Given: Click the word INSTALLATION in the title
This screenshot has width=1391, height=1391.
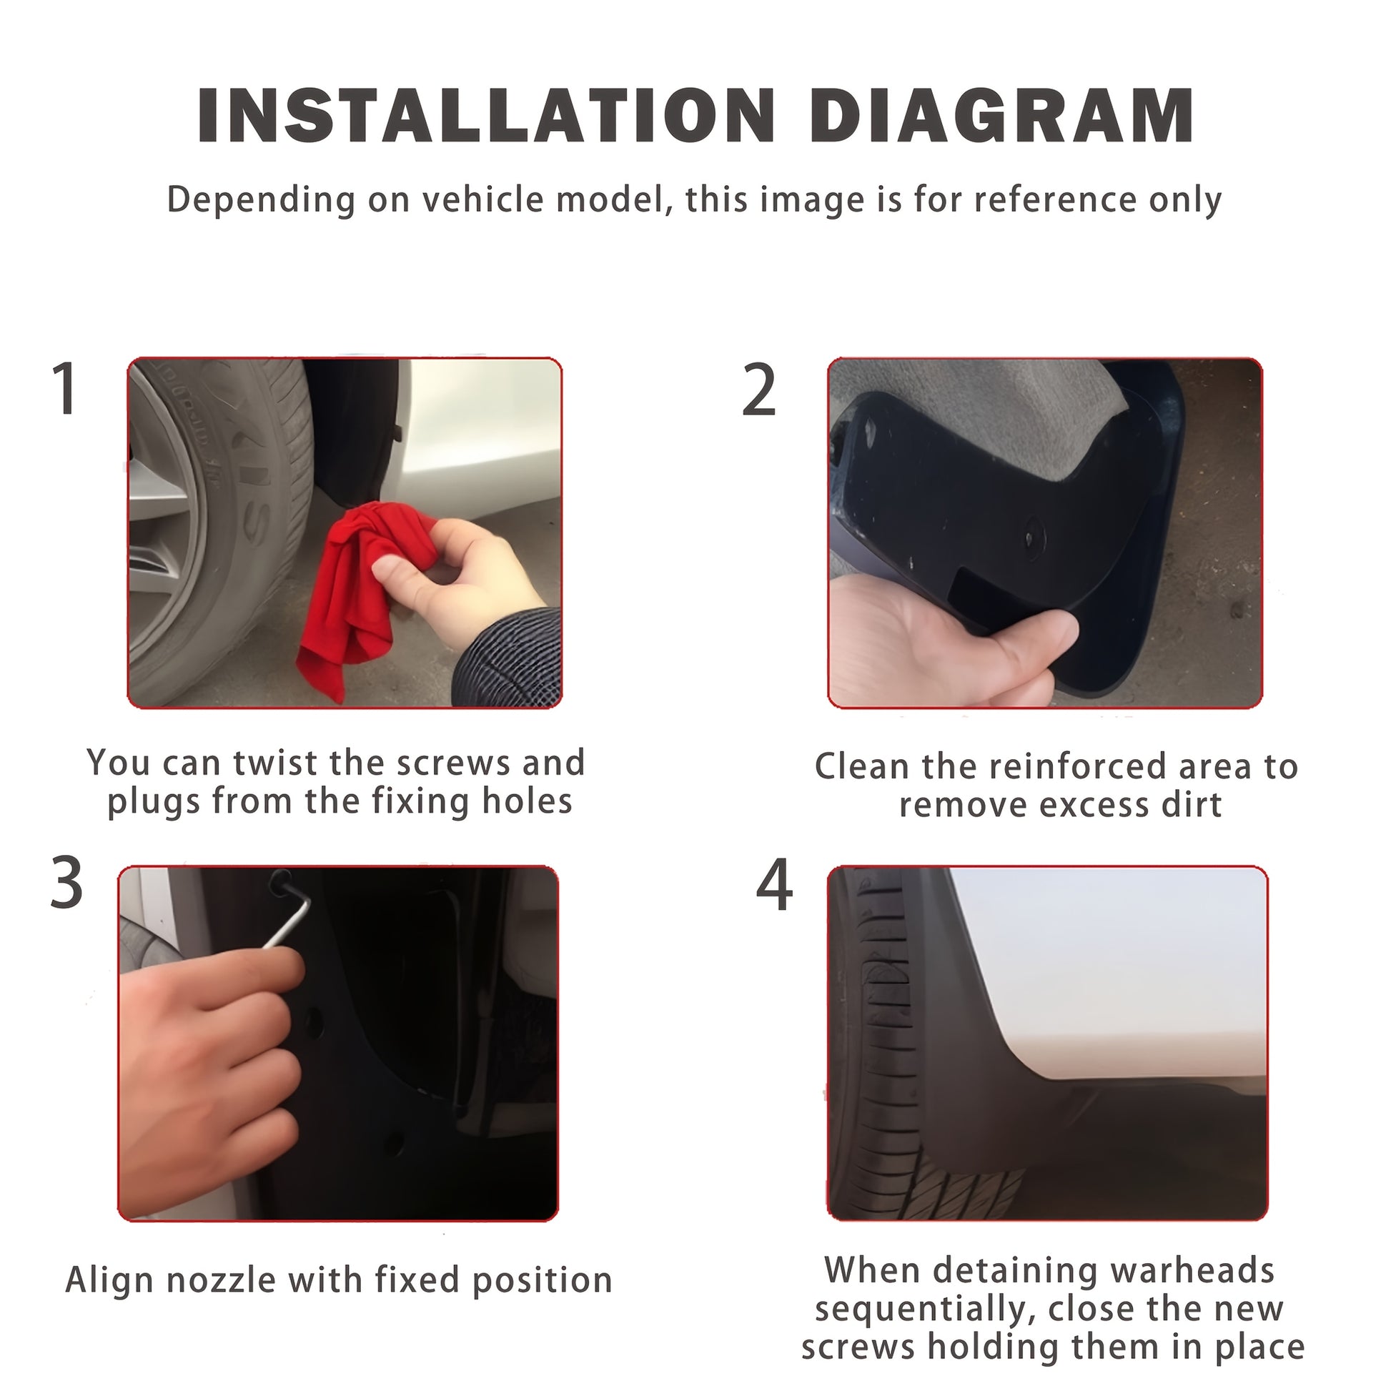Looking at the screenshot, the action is pos(486,116).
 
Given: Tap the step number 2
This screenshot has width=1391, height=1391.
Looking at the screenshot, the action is pos(760,390).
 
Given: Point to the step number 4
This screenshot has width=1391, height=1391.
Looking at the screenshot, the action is pos(774,885).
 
